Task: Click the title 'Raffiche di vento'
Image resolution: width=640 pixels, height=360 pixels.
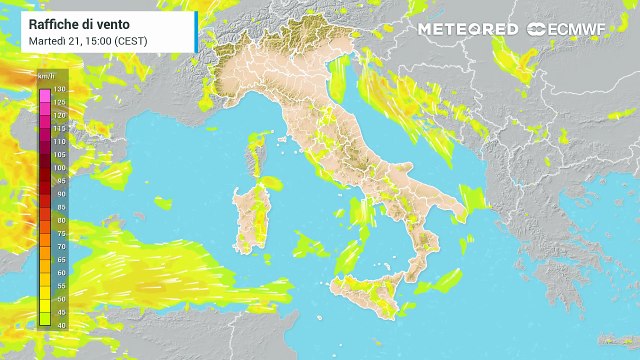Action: pyautogui.click(x=72, y=22)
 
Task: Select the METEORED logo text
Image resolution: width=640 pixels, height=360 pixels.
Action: pyautogui.click(x=468, y=29)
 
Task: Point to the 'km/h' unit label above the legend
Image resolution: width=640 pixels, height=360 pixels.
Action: pyautogui.click(x=46, y=76)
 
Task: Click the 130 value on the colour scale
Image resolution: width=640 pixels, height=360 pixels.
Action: pyautogui.click(x=59, y=90)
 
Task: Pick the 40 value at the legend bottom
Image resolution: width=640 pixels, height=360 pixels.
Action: pyautogui.click(x=59, y=323)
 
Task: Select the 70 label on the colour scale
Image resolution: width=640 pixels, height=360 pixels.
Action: pyautogui.click(x=59, y=245)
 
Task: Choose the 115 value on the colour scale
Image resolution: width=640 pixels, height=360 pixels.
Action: pyautogui.click(x=59, y=129)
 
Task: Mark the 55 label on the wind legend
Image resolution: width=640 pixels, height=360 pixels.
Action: pyautogui.click(x=59, y=284)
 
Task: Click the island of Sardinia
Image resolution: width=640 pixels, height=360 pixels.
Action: pyautogui.click(x=249, y=220)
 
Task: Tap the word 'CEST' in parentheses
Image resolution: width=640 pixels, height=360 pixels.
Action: pyautogui.click(x=134, y=40)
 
